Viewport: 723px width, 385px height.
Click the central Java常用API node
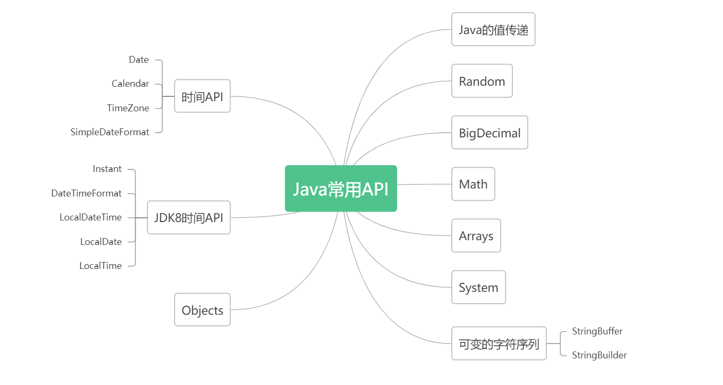(x=340, y=189)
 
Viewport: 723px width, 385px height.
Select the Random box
(x=482, y=81)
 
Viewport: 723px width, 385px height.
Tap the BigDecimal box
(x=489, y=133)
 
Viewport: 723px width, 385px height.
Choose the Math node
(x=473, y=184)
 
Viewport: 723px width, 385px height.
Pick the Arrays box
(x=476, y=236)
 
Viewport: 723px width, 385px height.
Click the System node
(x=478, y=288)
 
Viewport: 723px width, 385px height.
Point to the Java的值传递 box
(x=493, y=29)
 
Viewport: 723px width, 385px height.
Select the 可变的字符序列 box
(x=498, y=343)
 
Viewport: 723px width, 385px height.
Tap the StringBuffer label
(x=597, y=331)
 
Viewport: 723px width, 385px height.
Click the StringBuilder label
(x=599, y=355)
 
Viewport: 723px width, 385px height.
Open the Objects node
(x=202, y=310)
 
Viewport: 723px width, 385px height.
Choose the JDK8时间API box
(x=188, y=217)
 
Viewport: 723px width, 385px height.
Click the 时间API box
(x=202, y=96)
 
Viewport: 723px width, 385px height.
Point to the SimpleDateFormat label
(x=110, y=132)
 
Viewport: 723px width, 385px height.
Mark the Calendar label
(x=130, y=84)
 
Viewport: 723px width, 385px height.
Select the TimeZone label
(x=128, y=108)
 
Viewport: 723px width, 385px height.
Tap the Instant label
(x=107, y=169)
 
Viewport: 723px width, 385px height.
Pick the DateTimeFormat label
(x=86, y=193)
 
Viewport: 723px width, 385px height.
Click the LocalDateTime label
(x=90, y=217)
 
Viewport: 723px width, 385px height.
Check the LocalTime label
(x=101, y=266)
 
